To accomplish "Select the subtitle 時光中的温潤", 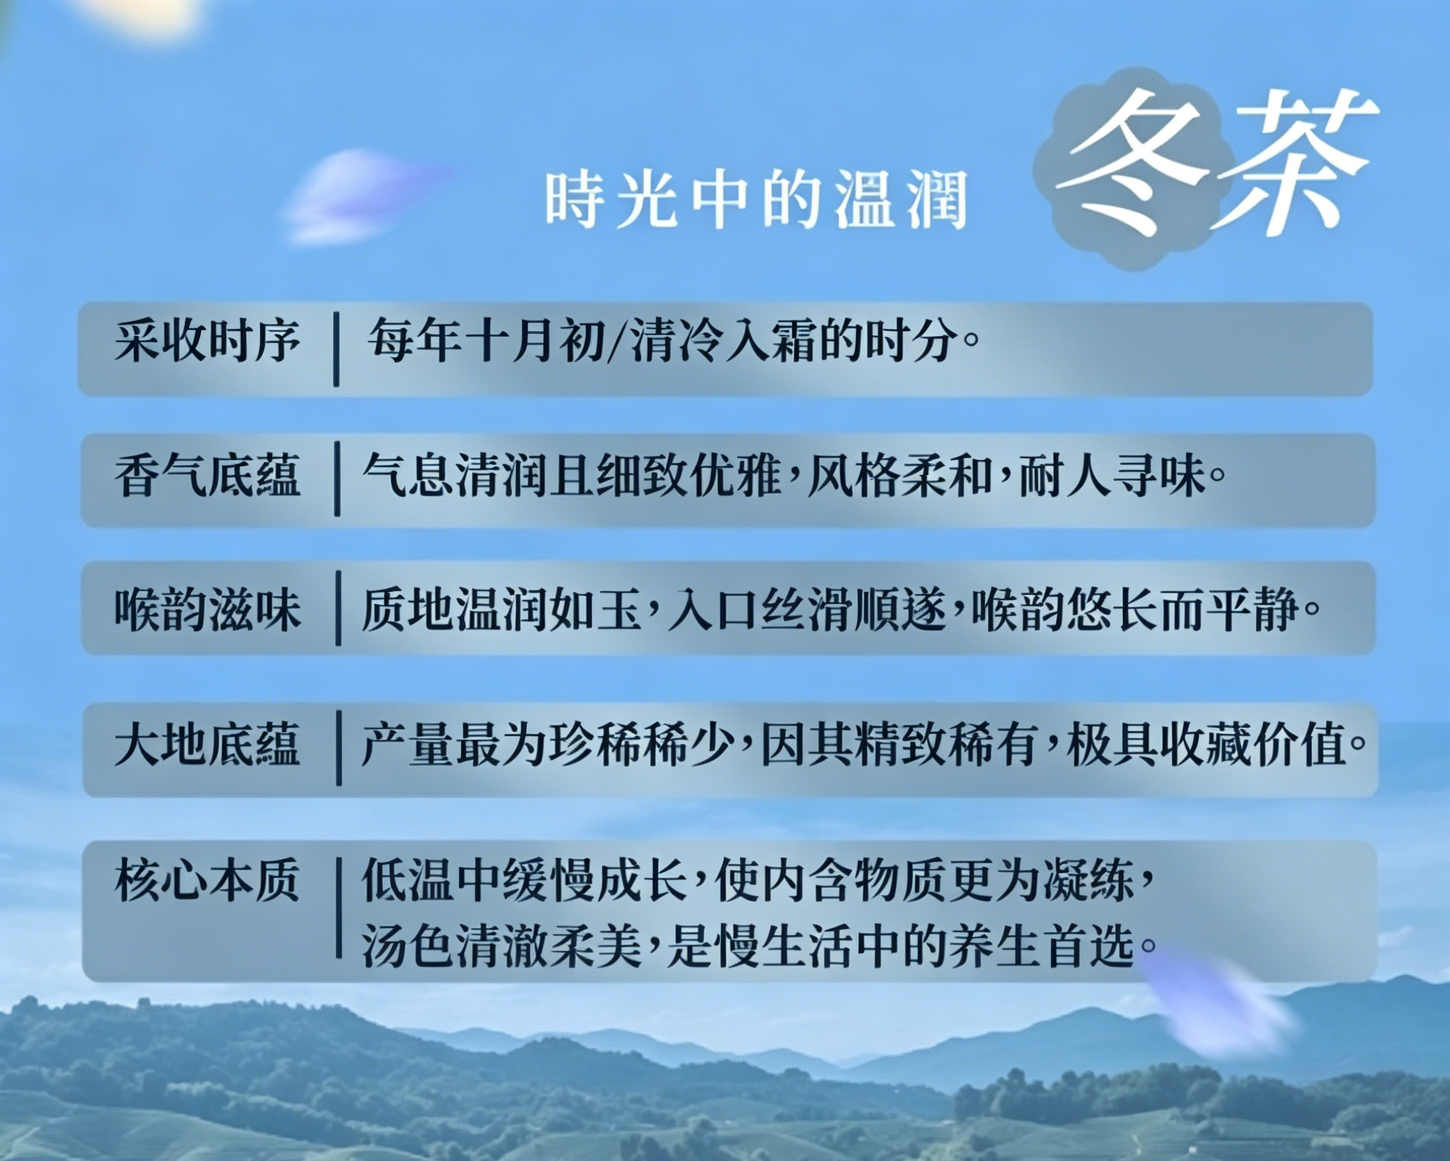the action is point(756,200).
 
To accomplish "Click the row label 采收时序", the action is point(207,341).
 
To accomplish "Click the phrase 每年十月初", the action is point(486,341).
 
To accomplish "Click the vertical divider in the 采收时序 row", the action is point(336,349).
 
